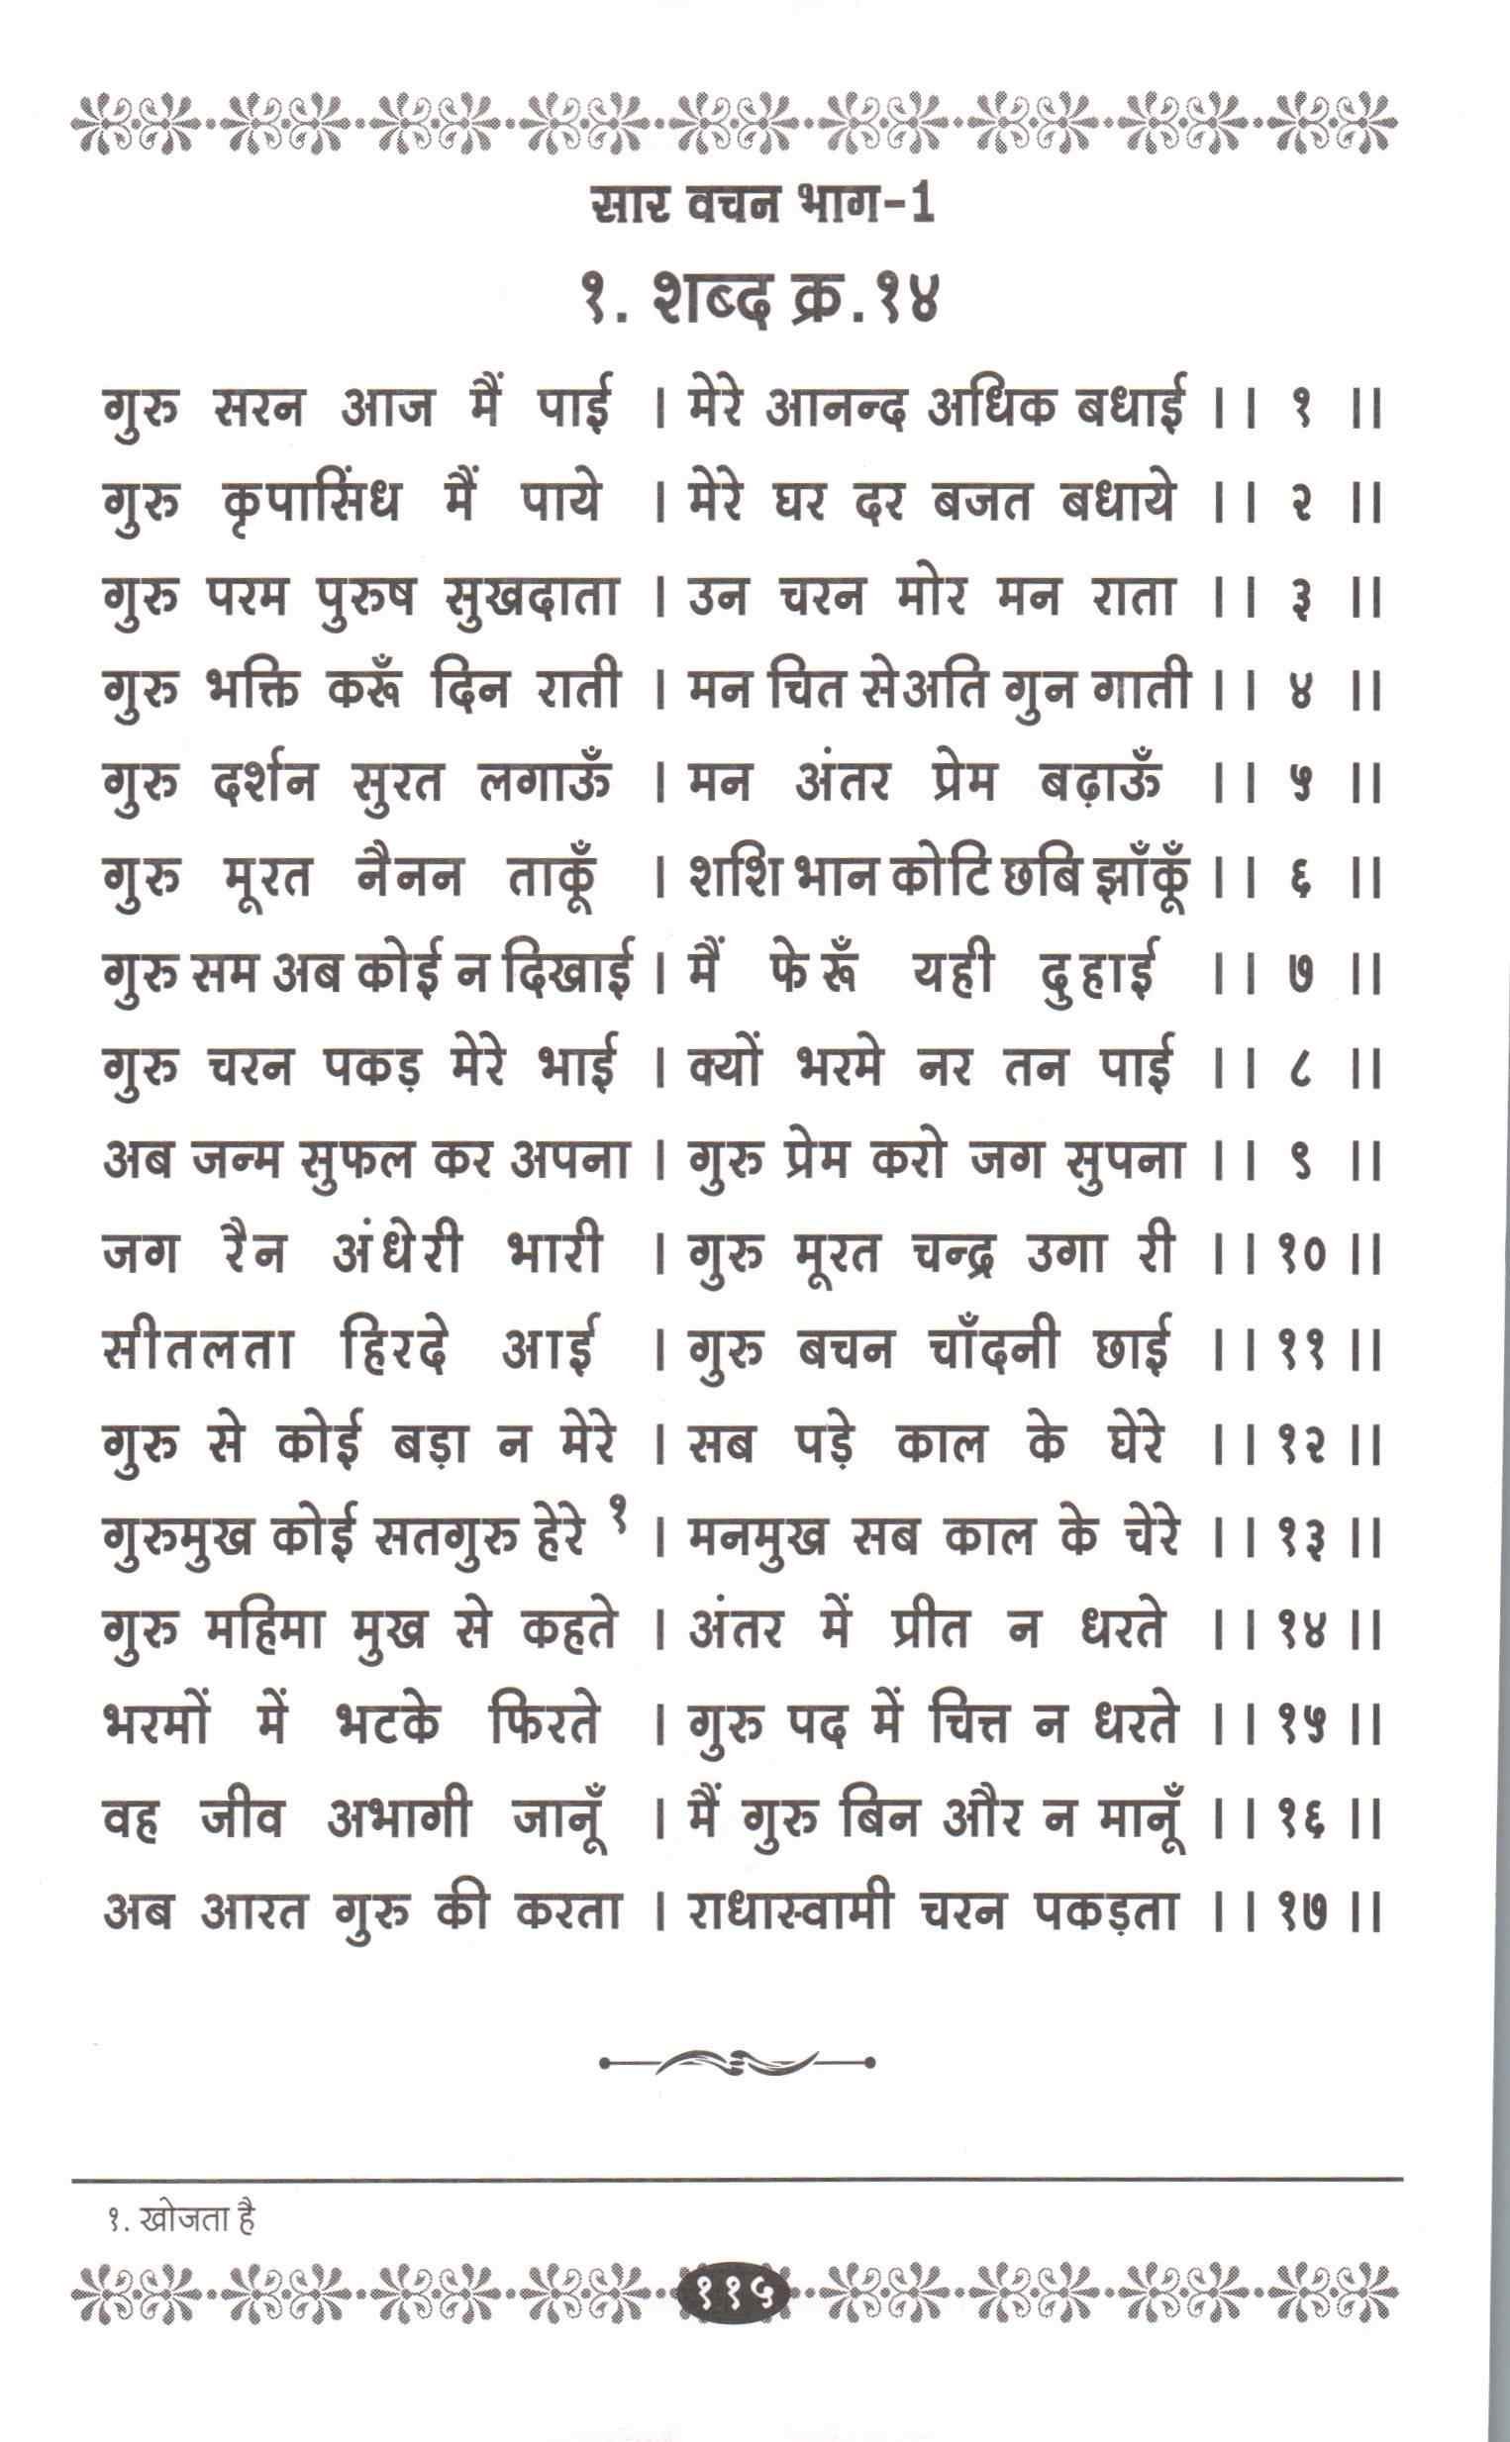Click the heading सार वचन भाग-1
(x=761, y=209)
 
